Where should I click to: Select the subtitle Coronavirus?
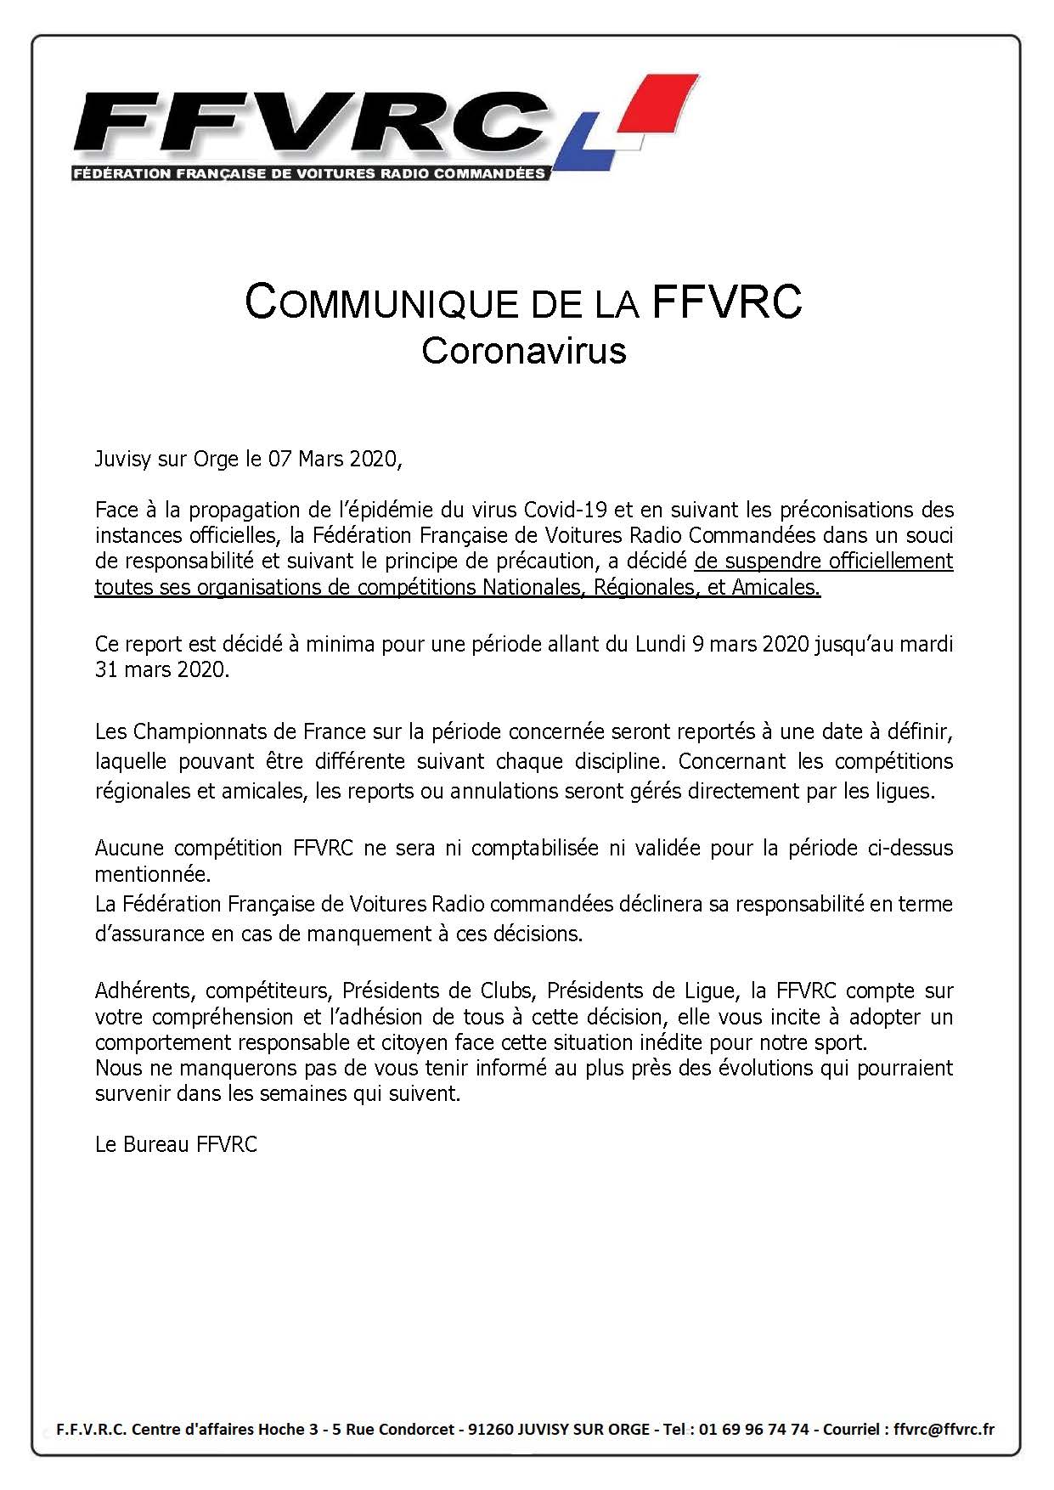pos(523,350)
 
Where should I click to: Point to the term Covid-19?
pos(566,510)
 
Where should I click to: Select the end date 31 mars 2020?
pos(161,669)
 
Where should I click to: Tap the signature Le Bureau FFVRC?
pos(176,1144)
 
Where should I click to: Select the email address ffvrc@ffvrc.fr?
pos(944,1429)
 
